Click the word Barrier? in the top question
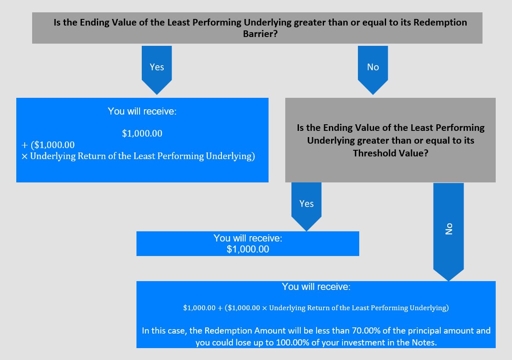coord(260,33)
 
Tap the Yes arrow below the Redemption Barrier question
coord(157,70)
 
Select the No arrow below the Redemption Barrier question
coord(373,70)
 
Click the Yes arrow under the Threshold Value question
coord(306,207)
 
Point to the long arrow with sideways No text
coord(448,232)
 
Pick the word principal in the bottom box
coord(422,331)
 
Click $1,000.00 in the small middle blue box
coord(248,249)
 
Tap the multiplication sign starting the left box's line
coord(25,157)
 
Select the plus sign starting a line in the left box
coord(25,145)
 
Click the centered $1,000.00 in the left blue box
coord(142,133)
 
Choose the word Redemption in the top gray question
coord(440,22)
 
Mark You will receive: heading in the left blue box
coord(142,111)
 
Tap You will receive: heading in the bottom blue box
coord(316,286)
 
